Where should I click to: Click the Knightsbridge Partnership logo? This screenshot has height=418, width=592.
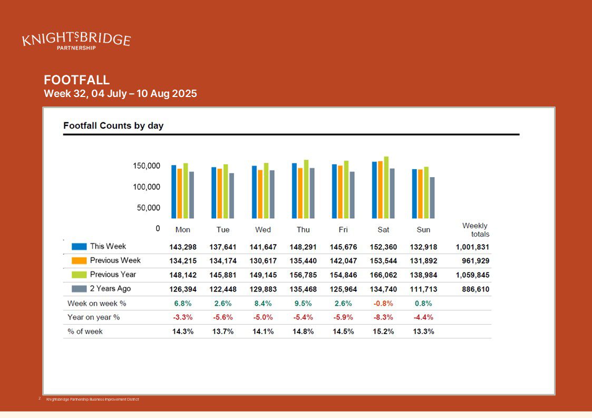[76, 41]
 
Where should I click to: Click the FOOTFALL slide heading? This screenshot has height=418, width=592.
[77, 80]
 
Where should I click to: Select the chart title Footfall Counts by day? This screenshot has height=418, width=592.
[113, 125]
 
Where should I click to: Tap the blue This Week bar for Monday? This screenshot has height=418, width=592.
[174, 192]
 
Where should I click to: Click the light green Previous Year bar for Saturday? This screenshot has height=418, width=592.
[386, 188]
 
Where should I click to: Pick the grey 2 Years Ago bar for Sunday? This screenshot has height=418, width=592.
[432, 198]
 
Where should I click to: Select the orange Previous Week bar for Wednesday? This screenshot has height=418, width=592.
[260, 194]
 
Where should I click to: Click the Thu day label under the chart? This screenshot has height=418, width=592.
[303, 230]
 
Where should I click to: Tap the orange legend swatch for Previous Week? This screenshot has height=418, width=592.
[79, 260]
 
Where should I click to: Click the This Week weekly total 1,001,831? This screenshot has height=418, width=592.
[472, 247]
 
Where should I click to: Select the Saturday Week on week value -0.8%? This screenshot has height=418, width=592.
[383, 303]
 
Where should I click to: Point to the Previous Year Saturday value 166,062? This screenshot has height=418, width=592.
[383, 275]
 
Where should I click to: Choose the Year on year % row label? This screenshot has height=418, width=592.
[94, 317]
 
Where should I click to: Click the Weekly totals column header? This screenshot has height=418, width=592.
[475, 230]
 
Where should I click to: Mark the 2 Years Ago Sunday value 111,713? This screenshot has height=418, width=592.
[423, 289]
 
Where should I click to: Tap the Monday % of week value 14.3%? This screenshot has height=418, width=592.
[183, 332]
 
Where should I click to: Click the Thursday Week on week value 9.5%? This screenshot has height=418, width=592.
[303, 303]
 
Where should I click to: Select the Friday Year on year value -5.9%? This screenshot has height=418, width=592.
[343, 317]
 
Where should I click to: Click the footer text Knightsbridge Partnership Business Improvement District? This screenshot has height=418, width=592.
[92, 400]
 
